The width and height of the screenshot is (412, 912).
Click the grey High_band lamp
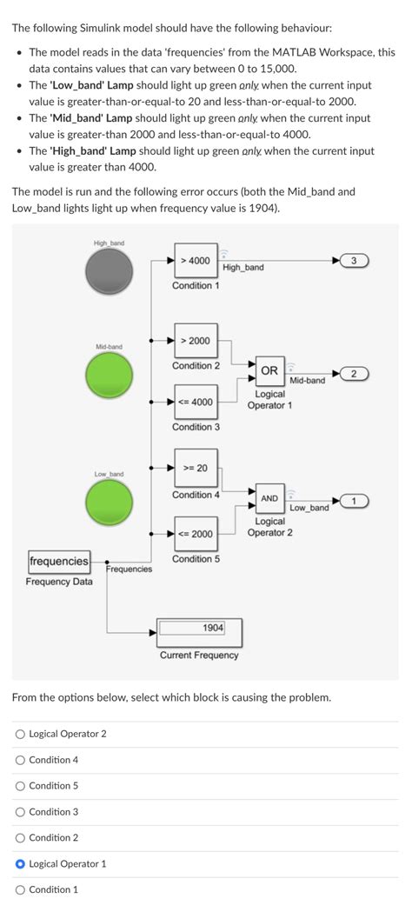(110, 271)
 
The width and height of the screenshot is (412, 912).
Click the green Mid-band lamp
(110, 376)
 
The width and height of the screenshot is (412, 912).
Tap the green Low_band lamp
(110, 503)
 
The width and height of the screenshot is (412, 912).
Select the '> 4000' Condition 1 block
(196, 261)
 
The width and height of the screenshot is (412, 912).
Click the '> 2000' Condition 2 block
(196, 341)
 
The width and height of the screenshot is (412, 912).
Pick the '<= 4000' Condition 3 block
(196, 402)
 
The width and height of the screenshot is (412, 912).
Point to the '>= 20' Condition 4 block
(196, 469)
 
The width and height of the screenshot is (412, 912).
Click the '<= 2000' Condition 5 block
(196, 534)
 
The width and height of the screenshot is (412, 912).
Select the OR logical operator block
(269, 371)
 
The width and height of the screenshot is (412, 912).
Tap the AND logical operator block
(269, 499)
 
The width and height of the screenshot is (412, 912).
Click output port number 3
(355, 261)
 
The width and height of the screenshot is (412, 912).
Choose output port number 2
(355, 374)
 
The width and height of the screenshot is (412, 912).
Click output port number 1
(355, 501)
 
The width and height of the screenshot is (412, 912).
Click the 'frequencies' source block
(59, 562)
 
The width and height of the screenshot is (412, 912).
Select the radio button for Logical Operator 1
(20, 863)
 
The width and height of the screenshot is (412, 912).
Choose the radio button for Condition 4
(20, 760)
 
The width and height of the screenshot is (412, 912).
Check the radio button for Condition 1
(20, 889)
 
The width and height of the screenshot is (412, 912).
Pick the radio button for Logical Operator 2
(20, 734)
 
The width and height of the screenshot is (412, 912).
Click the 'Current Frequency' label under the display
(199, 656)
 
